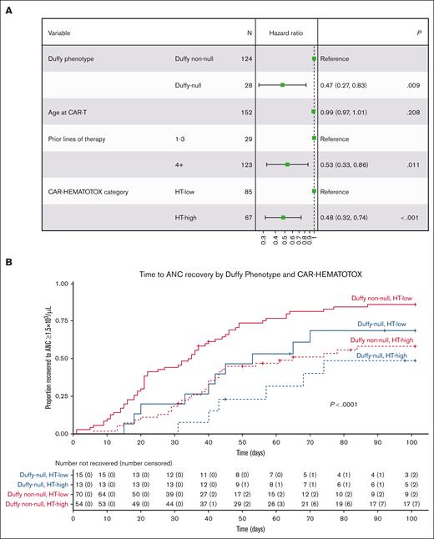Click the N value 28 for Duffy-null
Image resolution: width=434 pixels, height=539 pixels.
pos(246,84)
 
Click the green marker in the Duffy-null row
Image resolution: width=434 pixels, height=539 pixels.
pos(283,84)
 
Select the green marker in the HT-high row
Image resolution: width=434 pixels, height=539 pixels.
pos(284,218)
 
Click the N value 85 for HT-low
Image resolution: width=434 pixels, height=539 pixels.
pos(246,191)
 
